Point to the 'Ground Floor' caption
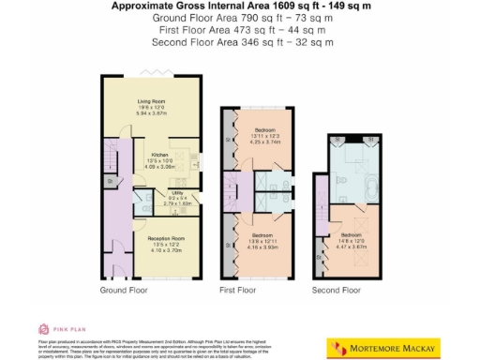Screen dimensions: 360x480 point(124,291)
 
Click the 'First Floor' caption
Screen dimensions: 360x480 point(237,291)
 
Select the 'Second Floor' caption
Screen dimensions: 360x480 point(337,291)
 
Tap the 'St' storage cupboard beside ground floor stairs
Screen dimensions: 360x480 point(109,182)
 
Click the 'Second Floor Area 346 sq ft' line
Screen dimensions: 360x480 point(240,42)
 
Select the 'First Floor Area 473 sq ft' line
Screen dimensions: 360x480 point(240,30)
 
